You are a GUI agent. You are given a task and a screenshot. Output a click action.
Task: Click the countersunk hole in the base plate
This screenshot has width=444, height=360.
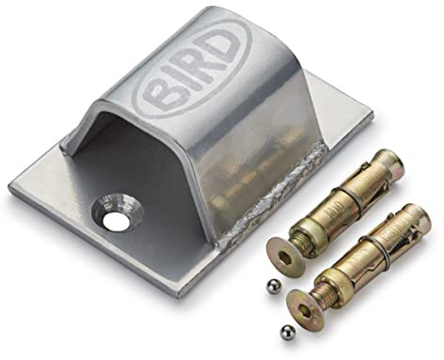118,215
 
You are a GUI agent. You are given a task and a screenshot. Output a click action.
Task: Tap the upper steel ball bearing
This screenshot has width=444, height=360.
272,286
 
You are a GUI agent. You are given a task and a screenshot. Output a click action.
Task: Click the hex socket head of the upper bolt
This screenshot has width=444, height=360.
285,257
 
